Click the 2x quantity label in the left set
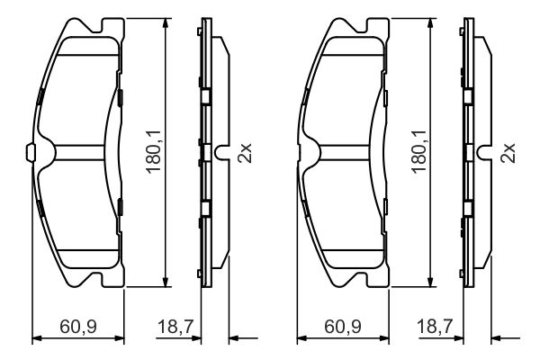244,153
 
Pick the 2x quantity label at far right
508,153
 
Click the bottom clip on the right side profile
468,208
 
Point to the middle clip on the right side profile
468,153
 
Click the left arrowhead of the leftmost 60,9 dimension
35,338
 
